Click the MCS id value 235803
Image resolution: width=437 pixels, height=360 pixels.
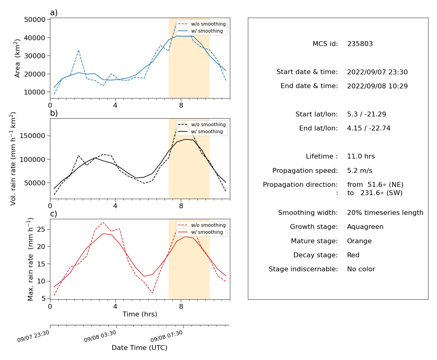coord(360,44)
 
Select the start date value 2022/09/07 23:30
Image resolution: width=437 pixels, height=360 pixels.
coord(377,72)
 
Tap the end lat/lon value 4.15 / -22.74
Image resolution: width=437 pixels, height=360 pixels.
coord(369,128)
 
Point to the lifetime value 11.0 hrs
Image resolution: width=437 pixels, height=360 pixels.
coord(361,156)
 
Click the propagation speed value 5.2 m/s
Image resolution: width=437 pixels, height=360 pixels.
coord(360,170)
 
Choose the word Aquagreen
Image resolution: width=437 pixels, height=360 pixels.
coord(365,227)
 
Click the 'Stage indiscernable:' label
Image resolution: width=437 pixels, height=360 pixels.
coord(303,269)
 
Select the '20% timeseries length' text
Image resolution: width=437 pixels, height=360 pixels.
coord(385,213)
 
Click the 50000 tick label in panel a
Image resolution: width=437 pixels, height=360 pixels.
coord(34,20)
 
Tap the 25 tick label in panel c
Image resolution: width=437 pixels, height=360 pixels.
coord(41,229)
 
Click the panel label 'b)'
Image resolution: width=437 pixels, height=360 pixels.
coord(54,113)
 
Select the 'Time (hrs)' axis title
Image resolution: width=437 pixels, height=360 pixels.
coord(140,314)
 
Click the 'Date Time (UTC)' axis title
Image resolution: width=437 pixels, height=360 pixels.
coord(139,348)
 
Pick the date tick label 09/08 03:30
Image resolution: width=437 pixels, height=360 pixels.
coord(100,336)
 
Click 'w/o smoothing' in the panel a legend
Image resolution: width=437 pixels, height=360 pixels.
coord(208,24)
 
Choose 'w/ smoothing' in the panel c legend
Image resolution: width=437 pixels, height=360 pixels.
coord(207,232)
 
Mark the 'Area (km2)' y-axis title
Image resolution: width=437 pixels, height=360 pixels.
coord(17,58)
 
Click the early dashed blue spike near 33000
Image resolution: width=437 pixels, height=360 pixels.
coord(78,50)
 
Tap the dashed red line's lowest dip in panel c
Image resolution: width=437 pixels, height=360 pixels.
coord(152,293)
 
